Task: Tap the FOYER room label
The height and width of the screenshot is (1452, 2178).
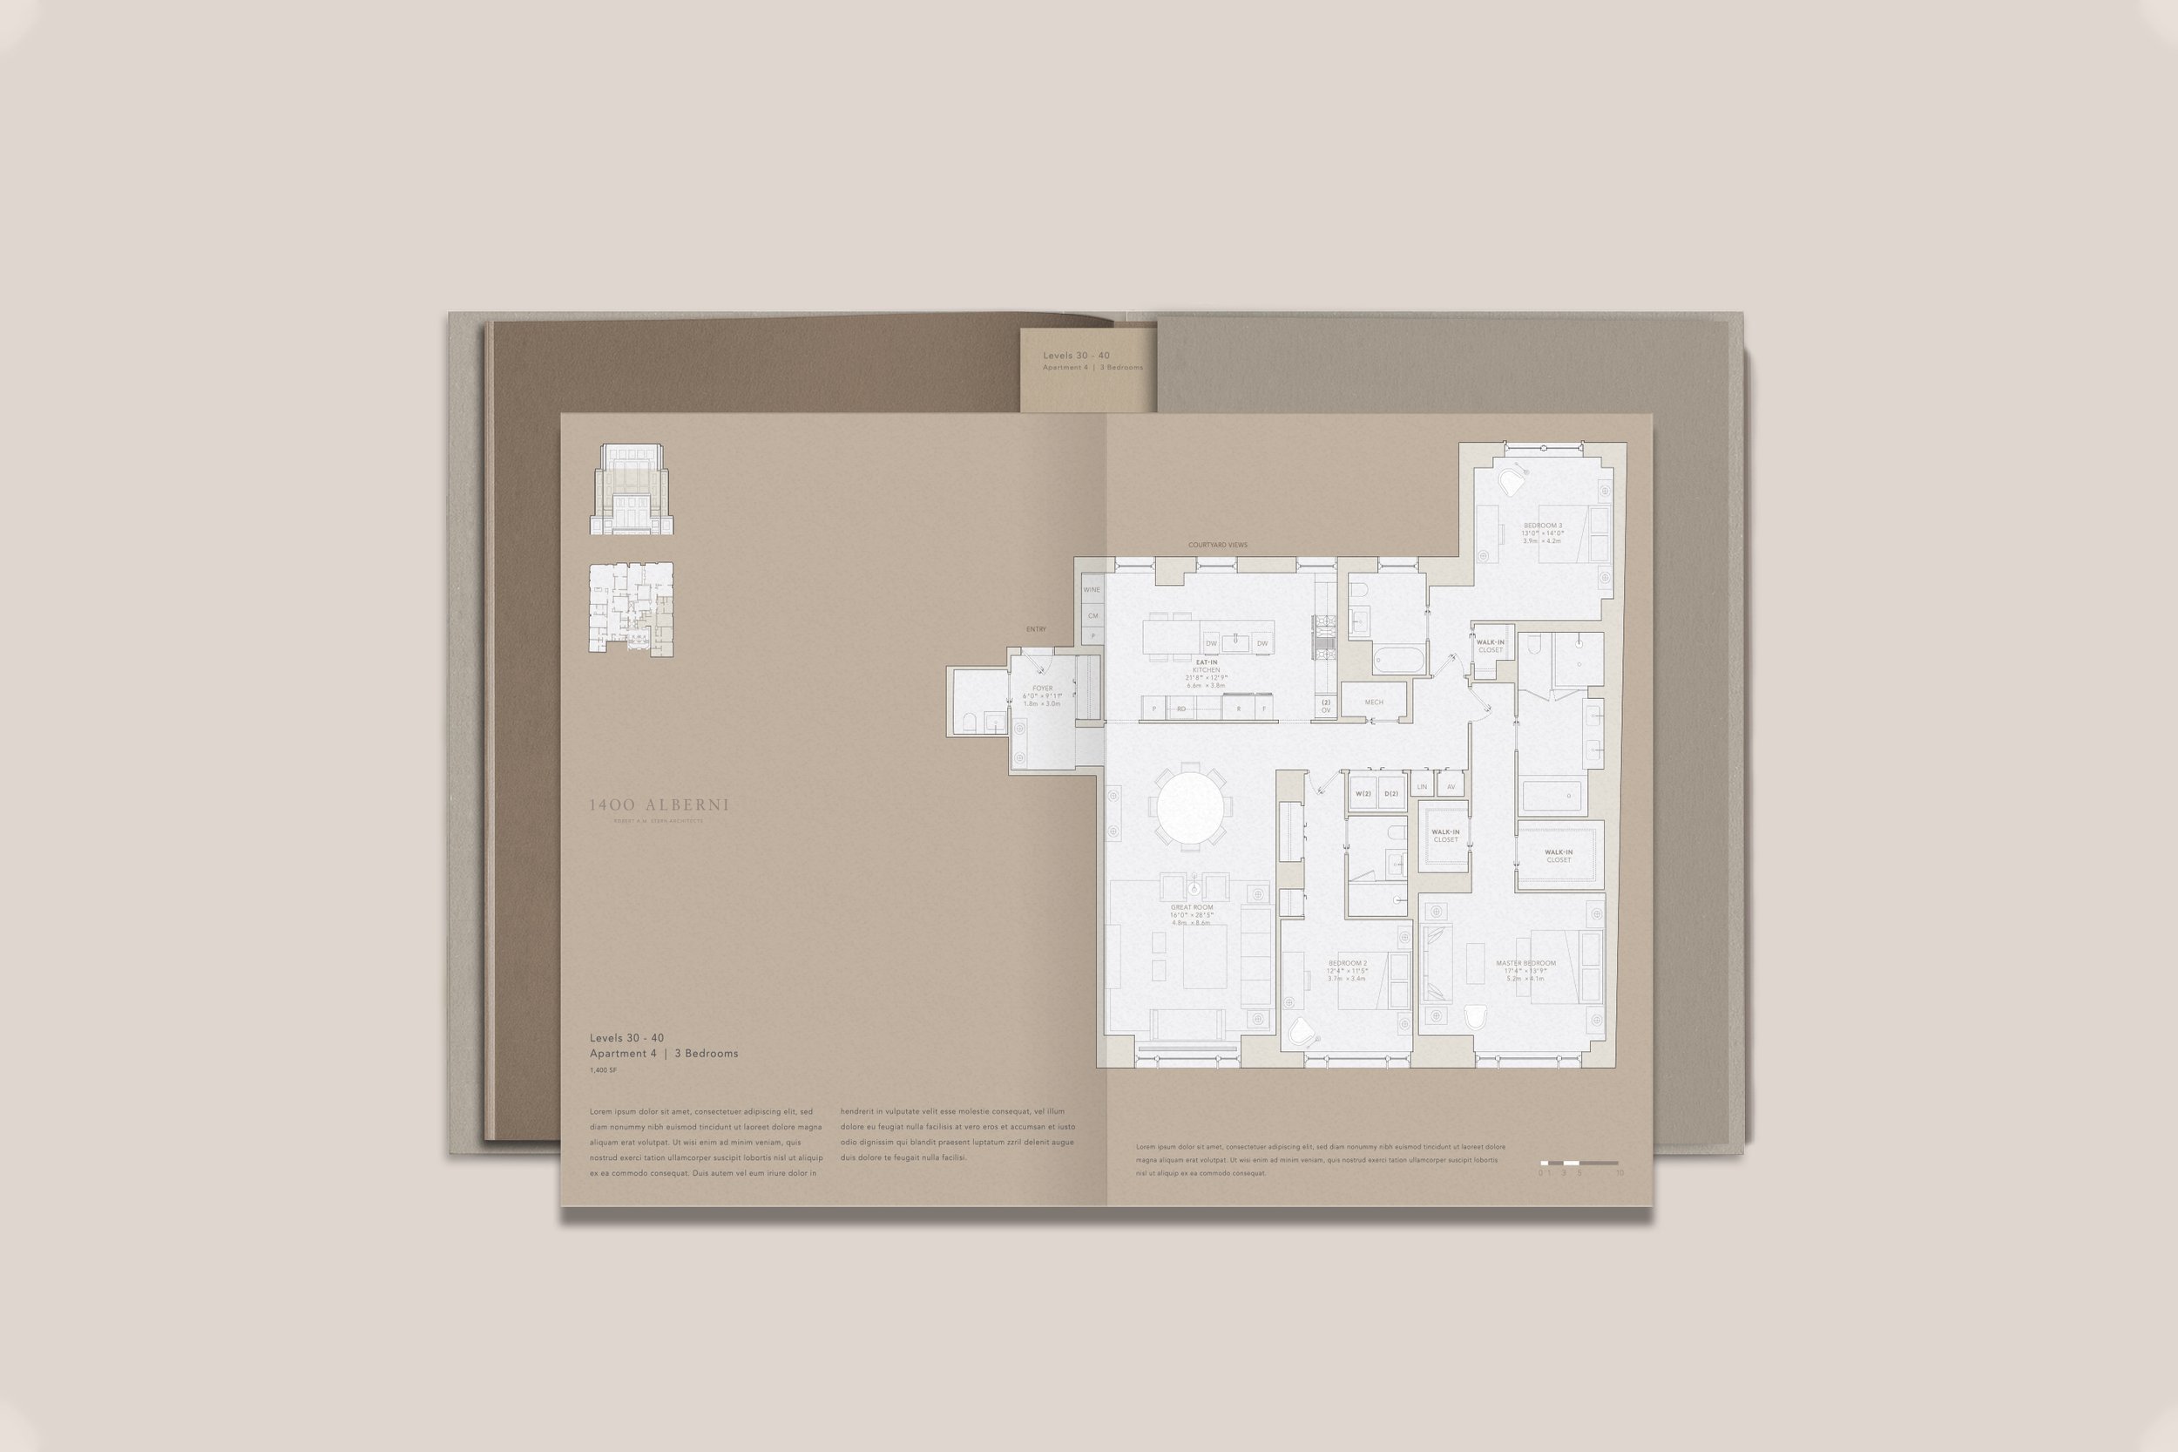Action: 1042,689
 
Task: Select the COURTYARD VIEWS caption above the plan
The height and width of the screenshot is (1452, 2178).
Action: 1217,545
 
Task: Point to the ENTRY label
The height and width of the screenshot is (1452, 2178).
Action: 1036,629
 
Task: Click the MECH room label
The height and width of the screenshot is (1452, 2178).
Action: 1374,702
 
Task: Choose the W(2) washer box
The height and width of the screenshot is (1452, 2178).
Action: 1363,794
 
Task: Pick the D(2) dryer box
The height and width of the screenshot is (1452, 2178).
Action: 1390,794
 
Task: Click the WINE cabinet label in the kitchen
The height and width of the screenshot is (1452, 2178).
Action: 1092,589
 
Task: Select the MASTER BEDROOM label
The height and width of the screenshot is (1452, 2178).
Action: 1525,963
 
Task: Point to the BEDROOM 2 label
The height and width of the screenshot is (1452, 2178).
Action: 1347,963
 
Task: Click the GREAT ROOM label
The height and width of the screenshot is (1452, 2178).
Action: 1191,907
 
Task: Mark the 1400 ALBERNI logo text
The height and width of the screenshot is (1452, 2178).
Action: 659,804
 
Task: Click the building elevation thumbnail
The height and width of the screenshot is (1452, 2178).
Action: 632,489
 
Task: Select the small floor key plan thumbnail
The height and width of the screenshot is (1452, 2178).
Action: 632,608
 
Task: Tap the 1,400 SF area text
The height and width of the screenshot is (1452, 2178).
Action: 603,1070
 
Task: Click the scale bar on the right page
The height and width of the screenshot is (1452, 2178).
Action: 1579,1162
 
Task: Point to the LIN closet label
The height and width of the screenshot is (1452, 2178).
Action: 1422,787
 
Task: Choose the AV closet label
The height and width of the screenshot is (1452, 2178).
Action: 1451,787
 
